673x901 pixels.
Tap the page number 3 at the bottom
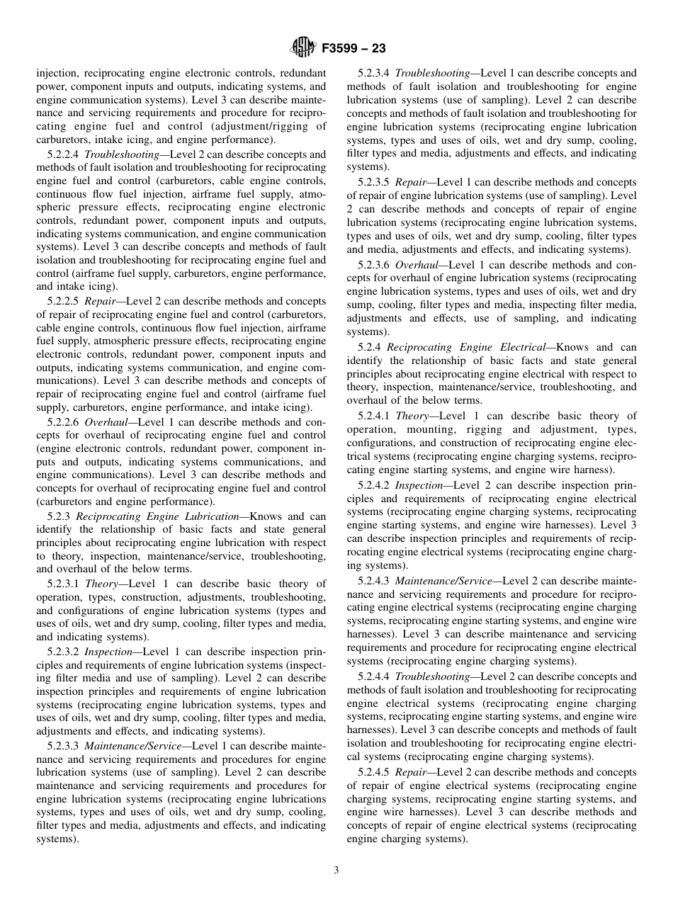336,871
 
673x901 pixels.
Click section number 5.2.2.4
64,154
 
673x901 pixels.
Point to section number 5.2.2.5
64,301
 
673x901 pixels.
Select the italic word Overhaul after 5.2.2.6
106,421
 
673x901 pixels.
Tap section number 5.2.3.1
64,584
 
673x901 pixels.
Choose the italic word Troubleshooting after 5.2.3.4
432,73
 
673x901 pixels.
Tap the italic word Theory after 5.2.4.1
412,415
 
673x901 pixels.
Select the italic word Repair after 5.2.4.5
411,772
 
